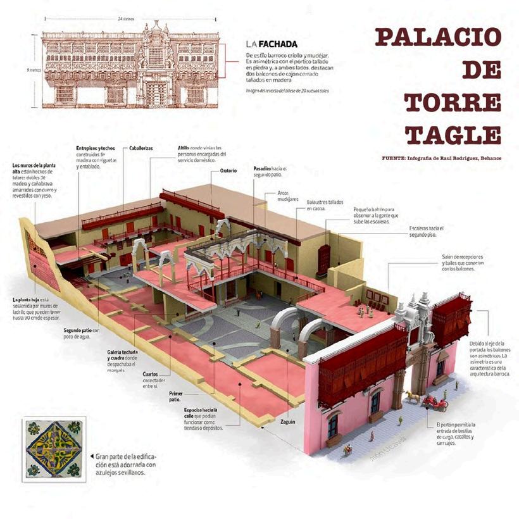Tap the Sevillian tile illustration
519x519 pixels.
[53, 449]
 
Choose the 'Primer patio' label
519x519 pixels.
[175, 396]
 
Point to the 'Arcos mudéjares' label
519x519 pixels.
[288, 194]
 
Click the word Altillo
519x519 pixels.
[184, 147]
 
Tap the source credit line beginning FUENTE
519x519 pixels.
[441, 158]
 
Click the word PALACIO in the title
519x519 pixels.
[438, 37]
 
